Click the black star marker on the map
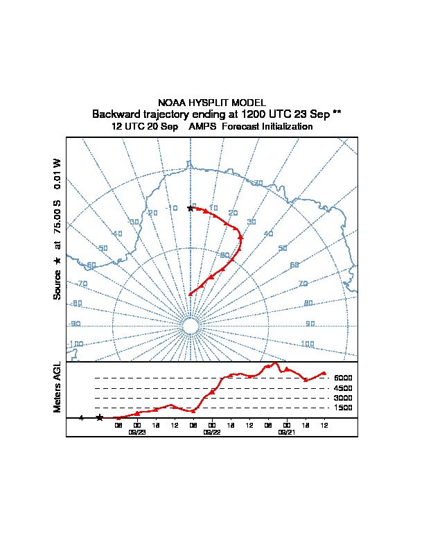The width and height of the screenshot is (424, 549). click(191, 209)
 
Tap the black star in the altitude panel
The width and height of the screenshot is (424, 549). click(100, 417)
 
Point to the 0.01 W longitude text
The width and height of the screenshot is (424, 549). click(58, 173)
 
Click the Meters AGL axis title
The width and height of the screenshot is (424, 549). click(58, 387)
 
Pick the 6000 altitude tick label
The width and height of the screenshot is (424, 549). click(343, 378)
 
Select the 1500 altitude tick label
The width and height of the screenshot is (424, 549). click(343, 408)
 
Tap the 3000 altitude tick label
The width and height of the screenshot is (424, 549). click(343, 398)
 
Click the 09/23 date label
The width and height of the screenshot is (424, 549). click(137, 431)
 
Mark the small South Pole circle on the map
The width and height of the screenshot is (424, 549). click(190, 326)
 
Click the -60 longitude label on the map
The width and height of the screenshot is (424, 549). click(91, 265)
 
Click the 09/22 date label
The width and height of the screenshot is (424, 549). click(211, 431)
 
